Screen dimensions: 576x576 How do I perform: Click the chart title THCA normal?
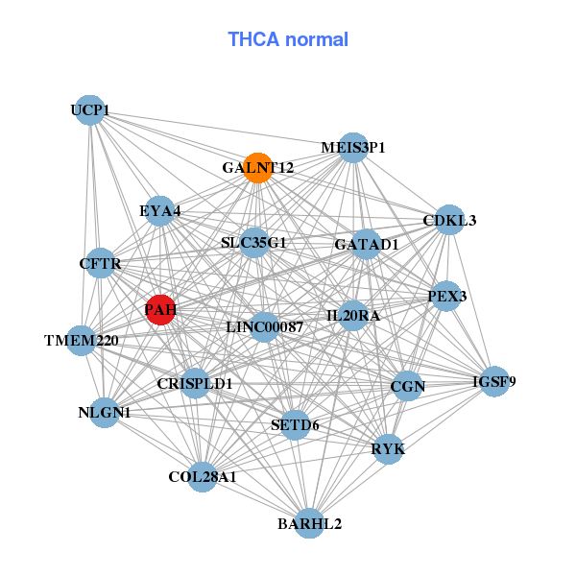pos(287,39)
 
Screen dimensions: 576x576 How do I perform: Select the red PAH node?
pos(160,309)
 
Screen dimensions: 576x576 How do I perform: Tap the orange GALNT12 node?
pos(258,168)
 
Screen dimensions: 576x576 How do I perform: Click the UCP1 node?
pos(89,110)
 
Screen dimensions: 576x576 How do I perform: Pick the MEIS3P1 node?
pos(353,148)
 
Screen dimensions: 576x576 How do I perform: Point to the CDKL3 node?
pos(449,220)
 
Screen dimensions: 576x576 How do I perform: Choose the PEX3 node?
pos(446,297)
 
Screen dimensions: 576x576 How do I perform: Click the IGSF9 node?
pos(494,382)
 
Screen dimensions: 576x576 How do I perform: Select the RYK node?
pos(388,448)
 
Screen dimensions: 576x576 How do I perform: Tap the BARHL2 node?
pos(309,523)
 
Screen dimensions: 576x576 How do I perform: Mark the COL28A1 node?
pos(203,476)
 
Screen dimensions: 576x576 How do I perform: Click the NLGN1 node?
pos(105,413)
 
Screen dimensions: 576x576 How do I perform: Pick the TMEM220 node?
pos(82,340)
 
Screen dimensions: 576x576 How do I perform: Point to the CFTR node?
pos(101,263)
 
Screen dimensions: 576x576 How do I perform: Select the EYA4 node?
pos(160,211)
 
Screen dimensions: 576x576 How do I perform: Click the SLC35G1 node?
pos(254,243)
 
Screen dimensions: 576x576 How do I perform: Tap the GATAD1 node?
pos(367,245)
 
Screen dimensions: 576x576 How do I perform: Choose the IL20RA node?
pos(353,316)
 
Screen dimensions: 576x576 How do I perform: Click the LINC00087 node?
pos(264,327)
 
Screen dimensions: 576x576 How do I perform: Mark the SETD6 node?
pos(295,424)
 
